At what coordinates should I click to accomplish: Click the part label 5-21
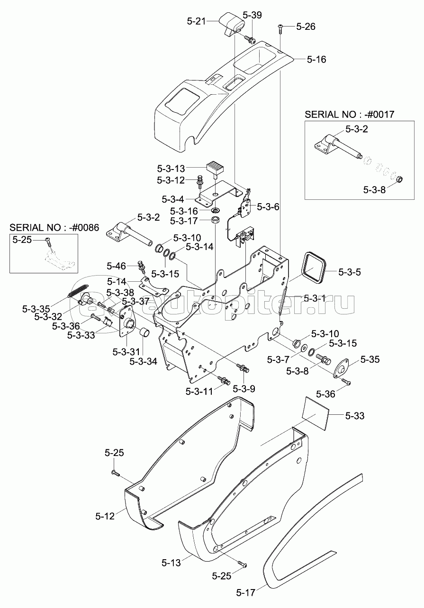[197, 21]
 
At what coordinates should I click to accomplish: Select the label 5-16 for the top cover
[316, 60]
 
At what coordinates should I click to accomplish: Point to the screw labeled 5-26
[280, 28]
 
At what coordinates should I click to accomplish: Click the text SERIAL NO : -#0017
[349, 114]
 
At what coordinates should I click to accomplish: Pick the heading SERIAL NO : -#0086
[54, 227]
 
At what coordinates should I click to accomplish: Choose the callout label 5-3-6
[268, 207]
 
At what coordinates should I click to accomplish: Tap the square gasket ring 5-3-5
[314, 268]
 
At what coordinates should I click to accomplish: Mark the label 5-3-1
[315, 298]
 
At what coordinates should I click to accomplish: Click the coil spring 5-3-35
[79, 290]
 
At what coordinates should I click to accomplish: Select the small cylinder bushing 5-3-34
[145, 332]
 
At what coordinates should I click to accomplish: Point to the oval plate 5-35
[341, 368]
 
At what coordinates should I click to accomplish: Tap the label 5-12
[105, 516]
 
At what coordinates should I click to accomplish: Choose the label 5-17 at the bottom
[246, 600]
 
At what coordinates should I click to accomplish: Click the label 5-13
[171, 563]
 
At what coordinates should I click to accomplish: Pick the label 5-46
[116, 266]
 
